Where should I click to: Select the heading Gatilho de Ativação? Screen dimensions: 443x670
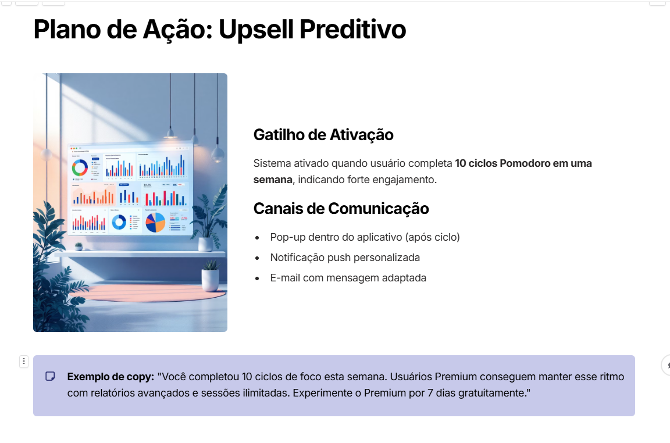(323, 135)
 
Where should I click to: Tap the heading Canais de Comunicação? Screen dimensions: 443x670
(341, 208)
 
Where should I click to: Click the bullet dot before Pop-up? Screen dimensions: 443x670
(257, 238)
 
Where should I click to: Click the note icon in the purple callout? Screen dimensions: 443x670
(51, 376)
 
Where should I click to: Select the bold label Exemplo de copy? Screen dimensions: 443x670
(111, 377)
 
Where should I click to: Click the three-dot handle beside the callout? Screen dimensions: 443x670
(24, 362)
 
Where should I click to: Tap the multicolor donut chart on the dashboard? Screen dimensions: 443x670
(80, 168)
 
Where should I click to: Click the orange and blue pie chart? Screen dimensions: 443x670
(155, 222)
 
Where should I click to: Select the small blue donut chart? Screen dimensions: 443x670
(119, 222)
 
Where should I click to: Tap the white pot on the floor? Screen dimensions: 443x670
(210, 280)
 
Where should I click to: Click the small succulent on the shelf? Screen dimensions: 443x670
(79, 246)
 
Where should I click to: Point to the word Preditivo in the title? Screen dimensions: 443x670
(352, 29)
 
